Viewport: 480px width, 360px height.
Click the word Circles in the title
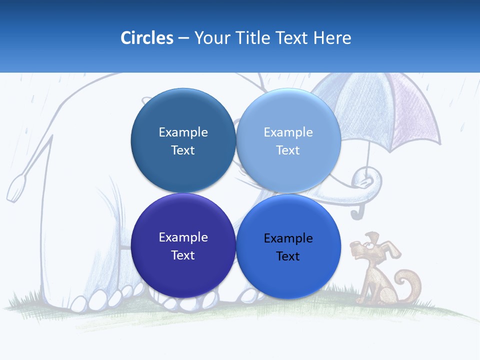(x=146, y=38)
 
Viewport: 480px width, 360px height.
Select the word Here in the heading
(x=332, y=38)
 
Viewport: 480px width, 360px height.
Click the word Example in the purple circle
(x=183, y=237)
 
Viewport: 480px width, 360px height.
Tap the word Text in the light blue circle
(x=288, y=150)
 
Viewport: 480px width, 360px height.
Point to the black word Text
(x=288, y=256)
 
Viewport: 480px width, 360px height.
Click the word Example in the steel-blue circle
(x=183, y=132)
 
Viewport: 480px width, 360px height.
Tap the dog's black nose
(x=352, y=244)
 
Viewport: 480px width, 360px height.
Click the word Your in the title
(x=212, y=38)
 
